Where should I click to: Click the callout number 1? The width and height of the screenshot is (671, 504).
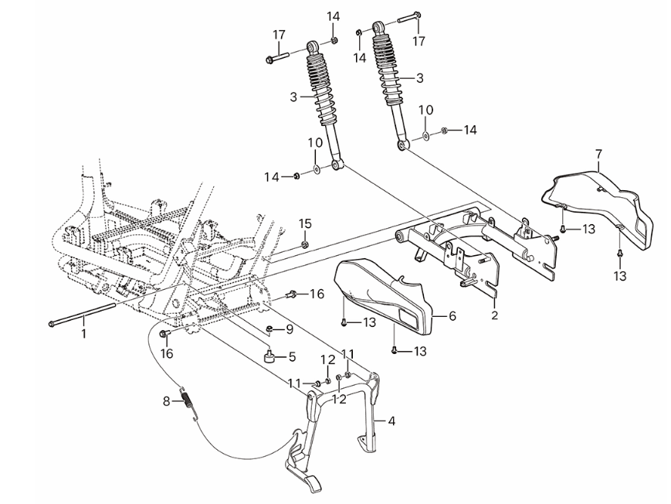[84, 333]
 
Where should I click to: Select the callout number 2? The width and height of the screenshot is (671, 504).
[493, 316]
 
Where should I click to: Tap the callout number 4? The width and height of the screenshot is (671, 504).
[391, 421]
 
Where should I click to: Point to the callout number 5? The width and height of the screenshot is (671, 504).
[292, 356]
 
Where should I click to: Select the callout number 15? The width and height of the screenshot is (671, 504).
[305, 223]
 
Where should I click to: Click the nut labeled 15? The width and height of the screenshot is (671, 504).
[304, 245]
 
